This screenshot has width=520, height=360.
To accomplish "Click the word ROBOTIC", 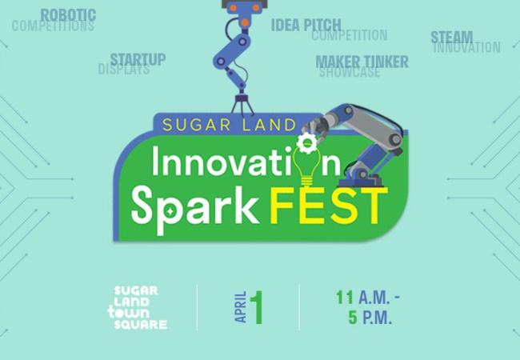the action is (x=68, y=15).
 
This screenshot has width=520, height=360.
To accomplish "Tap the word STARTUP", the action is (x=138, y=60).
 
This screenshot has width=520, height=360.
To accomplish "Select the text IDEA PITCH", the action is (x=306, y=25).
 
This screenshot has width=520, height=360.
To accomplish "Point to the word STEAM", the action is (x=452, y=37).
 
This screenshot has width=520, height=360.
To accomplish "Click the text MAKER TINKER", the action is (x=362, y=62).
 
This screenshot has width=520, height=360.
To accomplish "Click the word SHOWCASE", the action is (x=350, y=72).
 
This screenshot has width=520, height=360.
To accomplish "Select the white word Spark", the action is (x=194, y=208).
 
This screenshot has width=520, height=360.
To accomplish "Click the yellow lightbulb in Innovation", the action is (x=307, y=167).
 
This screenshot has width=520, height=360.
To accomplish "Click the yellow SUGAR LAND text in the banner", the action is (x=229, y=125).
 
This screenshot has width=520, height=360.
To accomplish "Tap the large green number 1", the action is (x=257, y=308).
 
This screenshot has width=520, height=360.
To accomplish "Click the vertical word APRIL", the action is (x=241, y=307).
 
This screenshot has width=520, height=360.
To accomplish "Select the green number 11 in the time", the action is (x=345, y=298).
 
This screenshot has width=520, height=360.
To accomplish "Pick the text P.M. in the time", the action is (x=378, y=318).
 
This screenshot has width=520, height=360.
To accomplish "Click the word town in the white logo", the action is (x=128, y=314).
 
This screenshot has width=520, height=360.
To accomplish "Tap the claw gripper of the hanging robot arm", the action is (x=242, y=105).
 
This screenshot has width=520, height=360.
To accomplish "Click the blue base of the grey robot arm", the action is (x=361, y=182).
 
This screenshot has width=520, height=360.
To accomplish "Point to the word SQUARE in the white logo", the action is (x=141, y=325).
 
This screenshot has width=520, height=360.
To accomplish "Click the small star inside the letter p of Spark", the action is (x=170, y=210).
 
